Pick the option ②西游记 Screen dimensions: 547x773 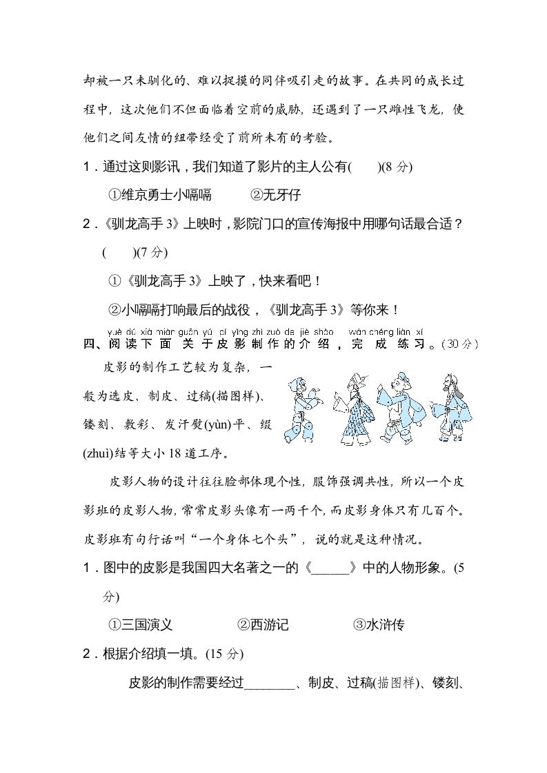(263, 625)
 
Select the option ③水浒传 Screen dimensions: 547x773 (378, 625)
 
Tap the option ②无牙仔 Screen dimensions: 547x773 (275, 195)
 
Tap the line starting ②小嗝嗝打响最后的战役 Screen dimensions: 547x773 (255, 309)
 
